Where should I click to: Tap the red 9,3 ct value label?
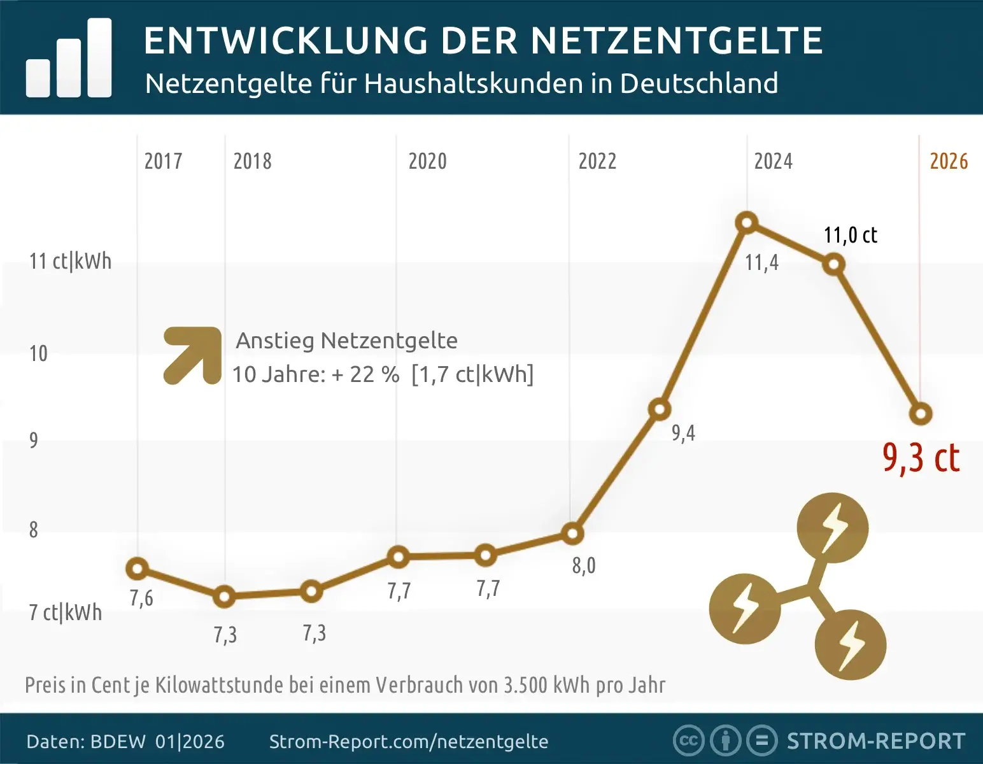(921, 458)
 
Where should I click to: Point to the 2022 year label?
(597, 161)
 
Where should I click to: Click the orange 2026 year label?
(949, 161)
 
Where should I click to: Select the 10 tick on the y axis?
(38, 353)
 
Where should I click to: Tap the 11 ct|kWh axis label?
(70, 261)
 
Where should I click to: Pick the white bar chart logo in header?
(69, 59)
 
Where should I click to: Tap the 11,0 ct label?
(850, 235)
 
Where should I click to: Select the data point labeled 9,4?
(660, 409)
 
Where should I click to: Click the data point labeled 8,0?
(572, 534)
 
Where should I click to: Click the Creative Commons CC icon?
(688, 740)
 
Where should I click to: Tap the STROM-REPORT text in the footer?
(876, 741)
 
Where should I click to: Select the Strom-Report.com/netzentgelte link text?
(408, 742)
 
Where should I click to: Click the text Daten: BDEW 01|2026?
(125, 742)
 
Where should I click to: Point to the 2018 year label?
(252, 161)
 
